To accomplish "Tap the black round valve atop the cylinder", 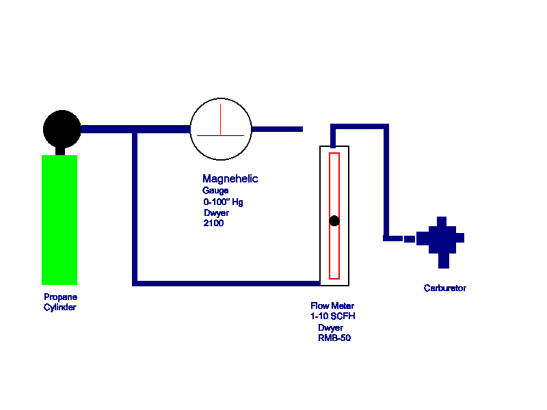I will [x=62, y=128].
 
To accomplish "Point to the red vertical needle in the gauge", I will [x=221, y=120].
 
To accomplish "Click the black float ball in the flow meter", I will [x=334, y=221].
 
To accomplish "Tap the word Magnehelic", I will [x=230, y=179].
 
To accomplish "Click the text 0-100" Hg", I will [x=224, y=202].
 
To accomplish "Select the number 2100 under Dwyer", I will [x=213, y=223].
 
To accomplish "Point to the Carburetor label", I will [x=445, y=288].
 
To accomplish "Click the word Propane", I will [x=61, y=297].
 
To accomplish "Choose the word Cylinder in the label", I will [x=60, y=307].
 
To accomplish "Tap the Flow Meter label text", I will [x=333, y=306].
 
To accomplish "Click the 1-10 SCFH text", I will [x=333, y=316].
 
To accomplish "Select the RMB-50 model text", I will [x=334, y=338].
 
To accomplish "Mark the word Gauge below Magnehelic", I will [x=215, y=191].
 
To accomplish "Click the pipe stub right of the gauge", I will [x=278, y=128].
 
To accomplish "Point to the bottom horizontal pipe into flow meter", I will [x=226, y=282].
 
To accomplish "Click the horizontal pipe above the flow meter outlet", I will [x=360, y=126].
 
